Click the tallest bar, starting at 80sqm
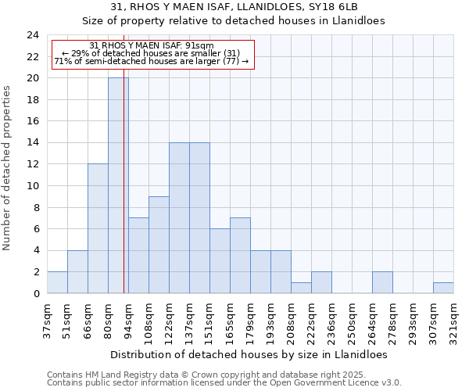click(x=118, y=185)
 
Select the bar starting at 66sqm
click(x=98, y=228)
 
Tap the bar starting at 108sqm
click(x=159, y=245)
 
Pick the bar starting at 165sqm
click(x=240, y=256)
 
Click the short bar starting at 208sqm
click(x=301, y=288)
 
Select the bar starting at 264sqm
click(x=382, y=282)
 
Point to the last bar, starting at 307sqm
click(x=443, y=288)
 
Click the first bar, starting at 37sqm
click(x=57, y=282)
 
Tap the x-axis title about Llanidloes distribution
click(x=250, y=354)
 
